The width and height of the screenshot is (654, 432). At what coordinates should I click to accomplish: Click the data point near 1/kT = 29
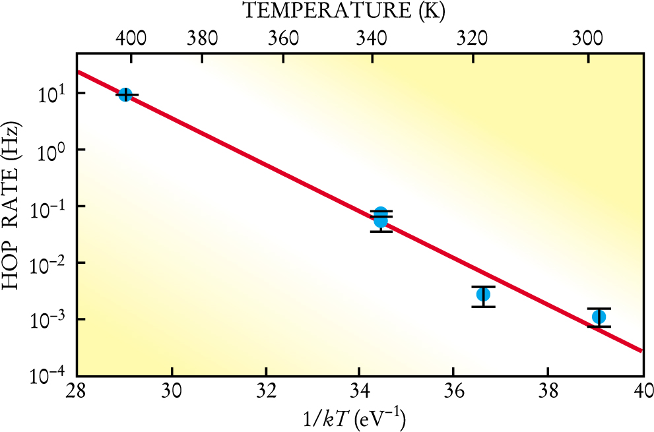[125, 94]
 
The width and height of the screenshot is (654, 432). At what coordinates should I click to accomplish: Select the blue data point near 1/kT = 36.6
[483, 294]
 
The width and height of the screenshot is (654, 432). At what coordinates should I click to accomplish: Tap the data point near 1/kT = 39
[599, 317]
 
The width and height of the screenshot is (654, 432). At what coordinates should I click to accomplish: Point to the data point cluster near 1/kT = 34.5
[380, 217]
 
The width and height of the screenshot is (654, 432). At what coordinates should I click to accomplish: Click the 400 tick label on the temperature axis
[131, 38]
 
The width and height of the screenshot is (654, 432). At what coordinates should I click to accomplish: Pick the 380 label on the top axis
[202, 38]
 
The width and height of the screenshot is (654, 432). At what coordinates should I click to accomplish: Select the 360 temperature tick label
[284, 38]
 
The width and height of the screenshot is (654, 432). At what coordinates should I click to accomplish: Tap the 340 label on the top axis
[373, 38]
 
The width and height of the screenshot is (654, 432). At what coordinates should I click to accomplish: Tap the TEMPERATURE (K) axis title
[343, 11]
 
